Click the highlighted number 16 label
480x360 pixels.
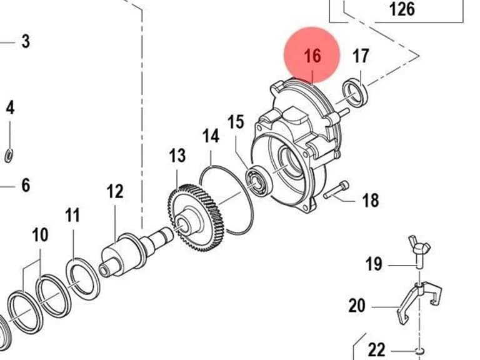click(312, 56)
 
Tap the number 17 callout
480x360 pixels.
click(361, 56)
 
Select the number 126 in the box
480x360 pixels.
click(402, 9)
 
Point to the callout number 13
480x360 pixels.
click(177, 156)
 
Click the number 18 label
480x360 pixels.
click(371, 200)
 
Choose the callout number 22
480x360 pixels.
click(376, 350)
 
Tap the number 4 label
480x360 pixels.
click(10, 108)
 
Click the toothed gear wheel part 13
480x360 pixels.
click(196, 217)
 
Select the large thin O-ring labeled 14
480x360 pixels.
click(226, 200)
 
